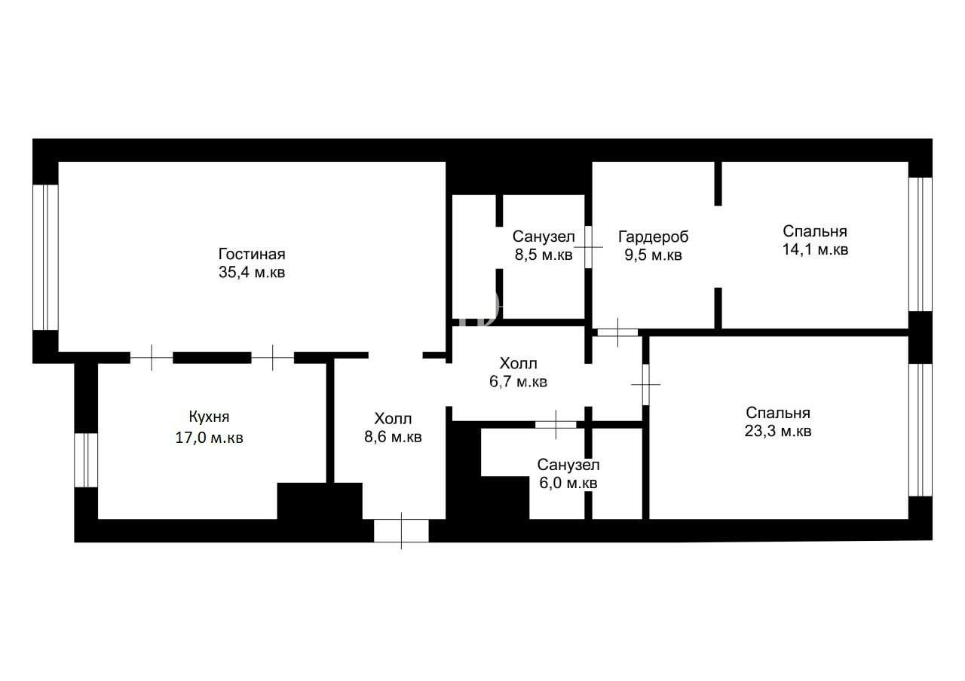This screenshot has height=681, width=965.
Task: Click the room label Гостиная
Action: (252, 254)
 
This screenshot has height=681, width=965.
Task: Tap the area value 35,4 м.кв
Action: (252, 272)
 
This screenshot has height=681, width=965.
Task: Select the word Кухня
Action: (209, 417)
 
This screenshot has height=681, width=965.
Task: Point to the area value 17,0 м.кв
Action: (209, 438)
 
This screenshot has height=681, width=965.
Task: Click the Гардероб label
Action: (653, 237)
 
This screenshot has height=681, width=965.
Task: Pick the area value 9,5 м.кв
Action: (653, 255)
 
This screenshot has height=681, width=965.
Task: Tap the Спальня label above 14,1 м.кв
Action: (815, 231)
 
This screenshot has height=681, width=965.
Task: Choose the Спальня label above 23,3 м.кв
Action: (777, 413)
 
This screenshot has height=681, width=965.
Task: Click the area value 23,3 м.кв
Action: (777, 431)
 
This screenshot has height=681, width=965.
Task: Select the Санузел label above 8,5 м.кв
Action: (544, 237)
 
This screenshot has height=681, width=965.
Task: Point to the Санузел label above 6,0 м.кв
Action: (568, 465)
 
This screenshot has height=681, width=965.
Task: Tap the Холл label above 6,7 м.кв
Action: (518, 363)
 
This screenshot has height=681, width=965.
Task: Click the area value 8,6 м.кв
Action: (393, 437)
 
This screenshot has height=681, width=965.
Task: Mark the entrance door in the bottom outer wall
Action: (401, 531)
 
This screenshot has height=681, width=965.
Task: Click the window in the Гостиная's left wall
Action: (46, 258)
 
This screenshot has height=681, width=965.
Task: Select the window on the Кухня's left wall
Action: (86, 460)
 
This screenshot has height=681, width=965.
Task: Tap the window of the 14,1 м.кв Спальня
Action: (921, 245)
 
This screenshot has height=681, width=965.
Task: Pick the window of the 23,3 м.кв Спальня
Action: (921, 430)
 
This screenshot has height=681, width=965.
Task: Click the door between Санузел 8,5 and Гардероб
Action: (589, 247)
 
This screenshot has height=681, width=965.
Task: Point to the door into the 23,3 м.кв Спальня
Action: (646, 384)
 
